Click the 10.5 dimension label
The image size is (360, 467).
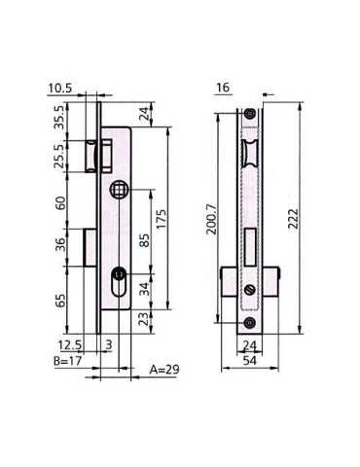point(60,88)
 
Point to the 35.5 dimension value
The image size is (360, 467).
point(60,118)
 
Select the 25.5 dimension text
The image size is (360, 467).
point(60,156)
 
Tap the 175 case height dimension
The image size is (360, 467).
point(162,219)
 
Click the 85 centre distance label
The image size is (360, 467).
point(144,240)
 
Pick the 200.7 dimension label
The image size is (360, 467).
point(212,219)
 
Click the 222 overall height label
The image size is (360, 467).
point(293,219)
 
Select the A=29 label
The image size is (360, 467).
point(163,370)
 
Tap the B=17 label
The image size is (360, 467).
point(67,361)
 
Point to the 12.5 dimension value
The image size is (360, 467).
point(70,344)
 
